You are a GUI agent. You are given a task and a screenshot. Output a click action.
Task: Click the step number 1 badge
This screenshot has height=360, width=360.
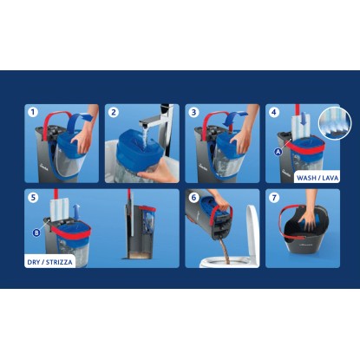(33, 112)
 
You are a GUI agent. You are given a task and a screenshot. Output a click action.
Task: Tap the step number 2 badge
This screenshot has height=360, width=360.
(114, 112)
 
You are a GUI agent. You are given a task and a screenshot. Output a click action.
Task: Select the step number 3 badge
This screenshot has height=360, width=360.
(193, 112)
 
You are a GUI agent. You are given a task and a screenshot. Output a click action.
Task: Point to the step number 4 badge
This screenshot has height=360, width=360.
(274, 112)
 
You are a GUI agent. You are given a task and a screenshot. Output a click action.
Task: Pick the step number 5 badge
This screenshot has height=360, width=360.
(33, 198)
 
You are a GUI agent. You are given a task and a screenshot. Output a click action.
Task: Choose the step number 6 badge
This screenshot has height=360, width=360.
(193, 198)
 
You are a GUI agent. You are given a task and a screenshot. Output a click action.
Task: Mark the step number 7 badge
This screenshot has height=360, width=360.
(274, 198)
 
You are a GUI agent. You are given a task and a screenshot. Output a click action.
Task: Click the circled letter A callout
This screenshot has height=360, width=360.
(278, 151)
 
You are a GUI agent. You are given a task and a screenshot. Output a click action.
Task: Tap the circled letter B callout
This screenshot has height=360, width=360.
(36, 232)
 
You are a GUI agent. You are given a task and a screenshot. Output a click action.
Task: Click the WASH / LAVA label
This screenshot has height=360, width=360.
(317, 178)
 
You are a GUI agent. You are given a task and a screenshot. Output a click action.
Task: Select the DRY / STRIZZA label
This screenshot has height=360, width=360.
(49, 262)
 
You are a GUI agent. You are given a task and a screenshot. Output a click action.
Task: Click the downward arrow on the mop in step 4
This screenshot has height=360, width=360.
(303, 121)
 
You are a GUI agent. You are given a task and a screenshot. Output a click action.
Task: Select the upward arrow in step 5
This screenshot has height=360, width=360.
(76, 212)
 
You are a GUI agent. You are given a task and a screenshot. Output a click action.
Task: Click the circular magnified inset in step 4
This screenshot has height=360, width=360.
(335, 122)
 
